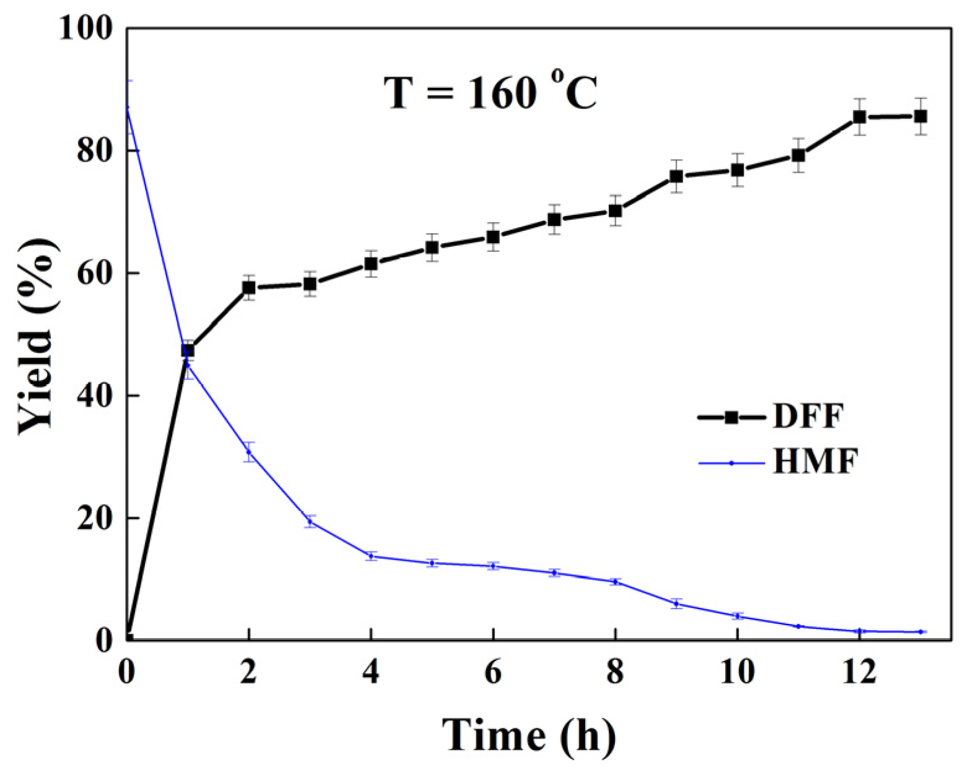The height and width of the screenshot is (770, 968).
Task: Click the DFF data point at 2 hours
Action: pyautogui.click(x=248, y=287)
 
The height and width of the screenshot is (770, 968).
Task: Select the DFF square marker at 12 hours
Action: pyautogui.click(x=859, y=116)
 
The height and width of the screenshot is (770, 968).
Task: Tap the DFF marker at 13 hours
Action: pyautogui.click(x=920, y=116)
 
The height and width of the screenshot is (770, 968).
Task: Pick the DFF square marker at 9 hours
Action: pyautogui.click(x=676, y=176)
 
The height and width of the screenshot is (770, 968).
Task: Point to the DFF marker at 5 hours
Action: pyautogui.click(x=432, y=248)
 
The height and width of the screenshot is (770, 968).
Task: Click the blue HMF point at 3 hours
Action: pyautogui.click(x=310, y=522)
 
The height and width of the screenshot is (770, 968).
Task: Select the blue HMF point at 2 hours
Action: pyautogui.click(x=248, y=452)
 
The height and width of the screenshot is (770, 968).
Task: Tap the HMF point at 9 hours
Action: pyautogui.click(x=676, y=603)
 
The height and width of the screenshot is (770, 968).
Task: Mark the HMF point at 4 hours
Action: pyautogui.click(x=370, y=556)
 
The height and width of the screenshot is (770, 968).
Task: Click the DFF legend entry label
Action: pyautogui.click(x=808, y=417)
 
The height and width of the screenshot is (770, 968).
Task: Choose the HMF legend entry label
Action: pyautogui.click(x=816, y=462)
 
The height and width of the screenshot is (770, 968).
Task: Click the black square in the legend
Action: pyautogui.click(x=731, y=417)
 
